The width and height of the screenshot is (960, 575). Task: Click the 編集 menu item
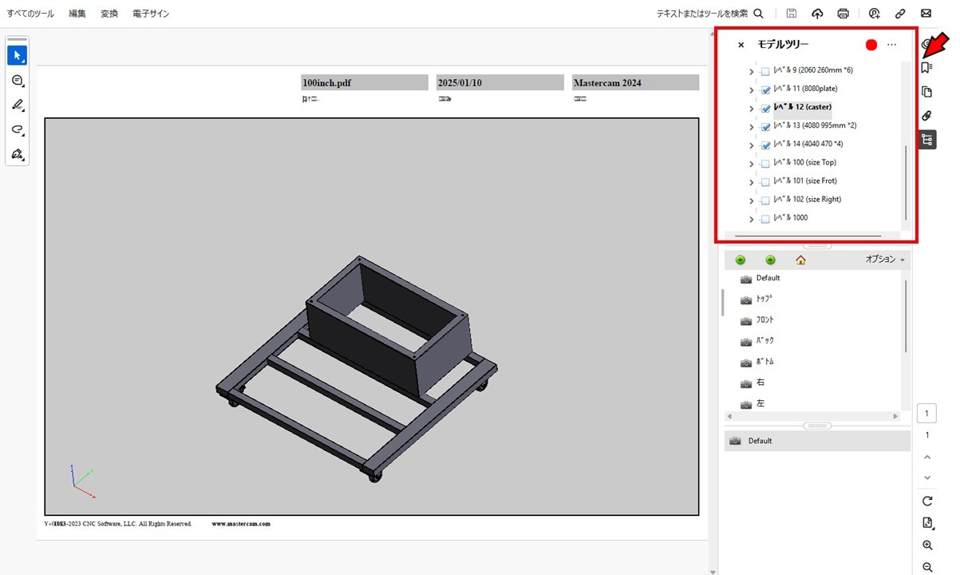pyautogui.click(x=77, y=14)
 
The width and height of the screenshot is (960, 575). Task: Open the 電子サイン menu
pyautogui.click(x=151, y=14)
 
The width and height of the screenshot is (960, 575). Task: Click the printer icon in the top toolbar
pyautogui.click(x=843, y=14)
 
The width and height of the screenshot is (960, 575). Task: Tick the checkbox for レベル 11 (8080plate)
pyautogui.click(x=765, y=89)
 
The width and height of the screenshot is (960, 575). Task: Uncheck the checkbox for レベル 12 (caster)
pyautogui.click(x=765, y=108)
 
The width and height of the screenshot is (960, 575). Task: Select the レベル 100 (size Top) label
pyautogui.click(x=804, y=162)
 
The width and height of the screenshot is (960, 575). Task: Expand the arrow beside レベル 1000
pyautogui.click(x=751, y=220)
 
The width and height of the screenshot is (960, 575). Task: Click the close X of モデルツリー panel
pyautogui.click(x=741, y=46)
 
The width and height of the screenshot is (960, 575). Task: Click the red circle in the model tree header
pyautogui.click(x=871, y=45)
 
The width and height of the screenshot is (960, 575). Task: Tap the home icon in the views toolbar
pyautogui.click(x=800, y=260)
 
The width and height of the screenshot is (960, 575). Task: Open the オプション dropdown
pyautogui.click(x=885, y=260)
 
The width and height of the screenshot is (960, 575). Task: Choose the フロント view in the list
pyautogui.click(x=764, y=319)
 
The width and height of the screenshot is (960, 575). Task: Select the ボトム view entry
pyautogui.click(x=764, y=362)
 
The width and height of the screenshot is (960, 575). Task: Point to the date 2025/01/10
pyautogui.click(x=460, y=83)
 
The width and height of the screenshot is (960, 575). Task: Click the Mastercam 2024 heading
pyautogui.click(x=606, y=83)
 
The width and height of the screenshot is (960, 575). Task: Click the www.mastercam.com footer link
pyautogui.click(x=241, y=524)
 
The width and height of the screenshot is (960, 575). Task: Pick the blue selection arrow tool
pyautogui.click(x=17, y=55)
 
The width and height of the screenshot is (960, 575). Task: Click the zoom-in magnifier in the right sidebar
pyautogui.click(x=927, y=545)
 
